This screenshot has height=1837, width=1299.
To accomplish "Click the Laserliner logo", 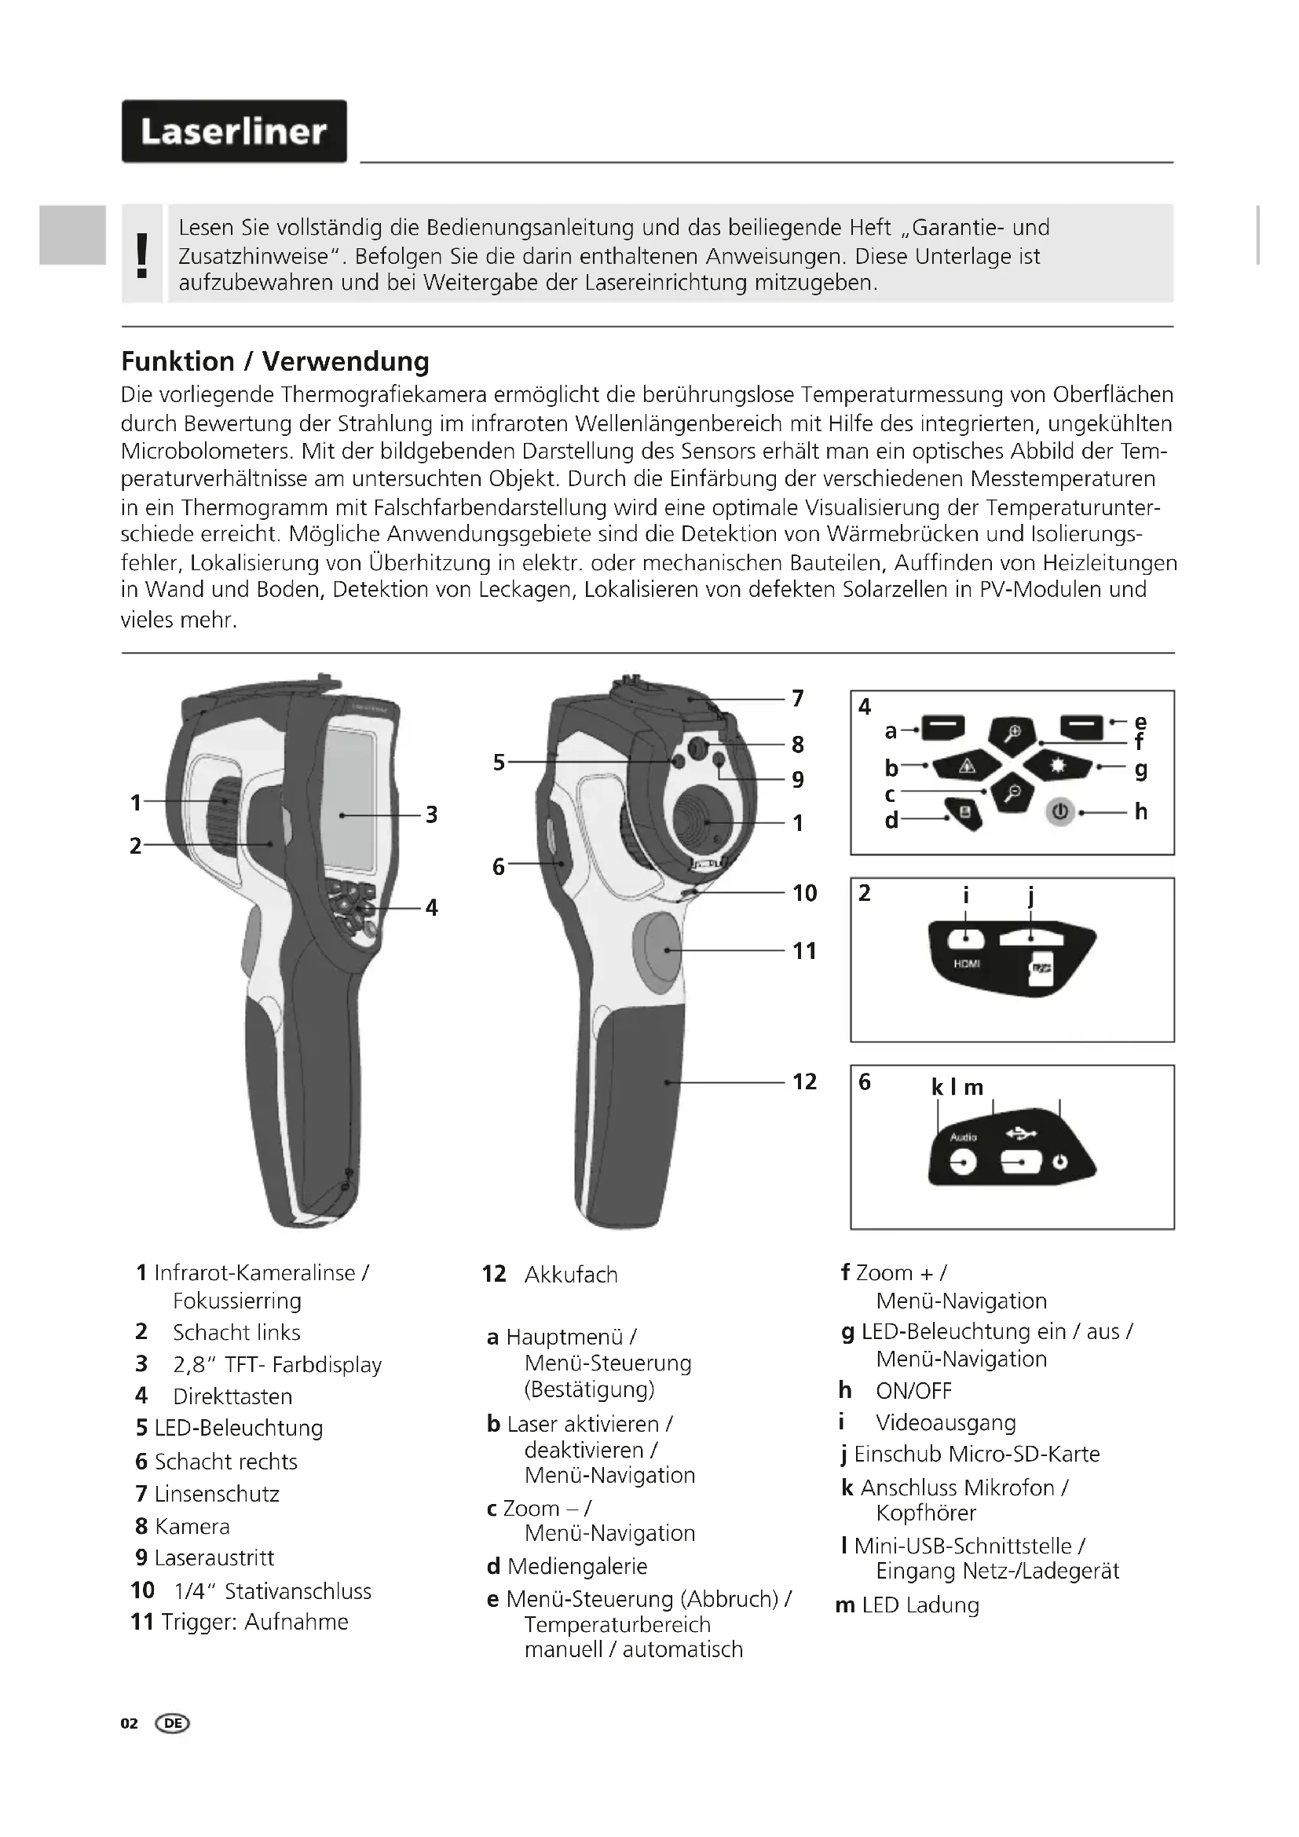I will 233,131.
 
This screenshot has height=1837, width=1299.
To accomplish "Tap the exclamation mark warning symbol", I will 142,255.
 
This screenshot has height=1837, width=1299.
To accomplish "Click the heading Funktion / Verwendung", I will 275,361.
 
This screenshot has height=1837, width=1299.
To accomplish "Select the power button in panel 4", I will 1059,811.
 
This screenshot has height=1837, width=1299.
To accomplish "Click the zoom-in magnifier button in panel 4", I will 1012,732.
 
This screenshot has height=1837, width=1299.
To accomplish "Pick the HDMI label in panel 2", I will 967,964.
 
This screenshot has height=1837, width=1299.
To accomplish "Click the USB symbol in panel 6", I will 1022,1133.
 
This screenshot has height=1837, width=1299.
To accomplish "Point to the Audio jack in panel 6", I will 963,1162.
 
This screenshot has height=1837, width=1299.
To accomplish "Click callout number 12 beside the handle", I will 805,1081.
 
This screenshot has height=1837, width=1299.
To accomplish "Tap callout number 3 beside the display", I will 431,814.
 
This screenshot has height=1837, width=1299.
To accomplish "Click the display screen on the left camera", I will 350,800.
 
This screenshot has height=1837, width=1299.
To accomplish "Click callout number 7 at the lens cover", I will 797,698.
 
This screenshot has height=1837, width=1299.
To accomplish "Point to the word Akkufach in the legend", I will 571,1275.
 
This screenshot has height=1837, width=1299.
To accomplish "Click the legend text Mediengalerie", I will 576,1566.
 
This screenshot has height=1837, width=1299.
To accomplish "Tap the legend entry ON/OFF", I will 913,1391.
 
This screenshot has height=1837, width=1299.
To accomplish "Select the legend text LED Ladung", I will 920,1605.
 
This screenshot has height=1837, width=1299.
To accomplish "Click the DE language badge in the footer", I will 173,1722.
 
